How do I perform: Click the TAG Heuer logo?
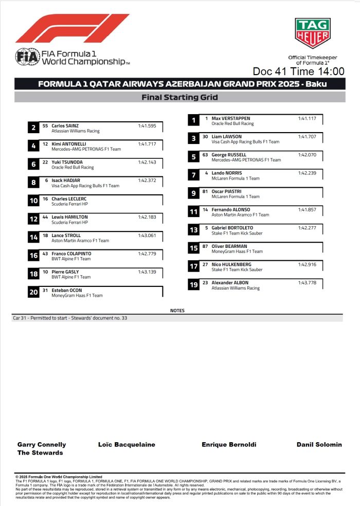pyautogui.click(x=312, y=33)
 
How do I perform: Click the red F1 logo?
pyautogui.click(x=72, y=28)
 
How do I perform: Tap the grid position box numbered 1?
pyautogui.click(x=193, y=121)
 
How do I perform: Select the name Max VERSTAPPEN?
pyautogui.click(x=230, y=118)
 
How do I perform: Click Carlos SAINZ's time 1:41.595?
pyautogui.click(x=150, y=125)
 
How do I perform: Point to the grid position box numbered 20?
pyautogui.click(x=33, y=293)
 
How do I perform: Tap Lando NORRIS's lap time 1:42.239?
pyautogui.click(x=307, y=173)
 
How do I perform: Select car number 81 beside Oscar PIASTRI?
pyautogui.click(x=205, y=191)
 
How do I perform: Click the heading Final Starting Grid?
pyautogui.click(x=179, y=97)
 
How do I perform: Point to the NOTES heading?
pyautogui.click(x=177, y=311)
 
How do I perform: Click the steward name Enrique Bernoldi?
pyautogui.click(x=229, y=444)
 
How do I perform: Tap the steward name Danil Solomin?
pyautogui.click(x=319, y=444)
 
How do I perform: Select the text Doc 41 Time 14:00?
pyautogui.click(x=298, y=71)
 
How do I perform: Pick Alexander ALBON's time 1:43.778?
pyautogui.click(x=307, y=283)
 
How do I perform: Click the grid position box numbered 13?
pyautogui.click(x=193, y=230)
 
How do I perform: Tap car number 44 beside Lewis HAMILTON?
pyautogui.click(x=45, y=217)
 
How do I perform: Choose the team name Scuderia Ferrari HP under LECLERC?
pyautogui.click(x=69, y=204)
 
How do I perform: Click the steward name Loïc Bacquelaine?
pyautogui.click(x=127, y=444)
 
